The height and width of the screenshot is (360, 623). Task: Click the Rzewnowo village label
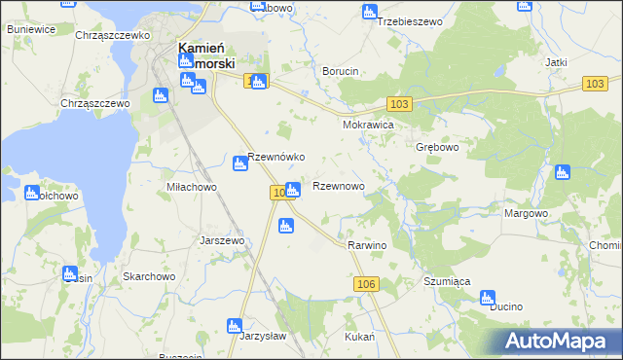(x=338, y=186)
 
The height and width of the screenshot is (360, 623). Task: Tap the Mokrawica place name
(x=367, y=126)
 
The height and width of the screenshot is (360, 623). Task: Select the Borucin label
(x=341, y=72)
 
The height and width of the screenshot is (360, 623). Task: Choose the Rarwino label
(x=367, y=245)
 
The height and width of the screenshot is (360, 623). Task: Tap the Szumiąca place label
(x=447, y=280)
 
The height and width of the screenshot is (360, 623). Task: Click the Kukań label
(x=360, y=336)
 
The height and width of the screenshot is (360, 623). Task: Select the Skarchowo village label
(x=148, y=276)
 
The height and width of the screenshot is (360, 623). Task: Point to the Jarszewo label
(x=221, y=239)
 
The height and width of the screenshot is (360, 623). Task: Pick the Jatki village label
(x=556, y=62)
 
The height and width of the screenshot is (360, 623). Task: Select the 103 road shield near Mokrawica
(x=398, y=103)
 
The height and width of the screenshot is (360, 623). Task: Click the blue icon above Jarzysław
(x=234, y=326)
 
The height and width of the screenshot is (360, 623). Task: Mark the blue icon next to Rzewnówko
(x=239, y=163)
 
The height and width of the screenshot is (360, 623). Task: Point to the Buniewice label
(x=30, y=30)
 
